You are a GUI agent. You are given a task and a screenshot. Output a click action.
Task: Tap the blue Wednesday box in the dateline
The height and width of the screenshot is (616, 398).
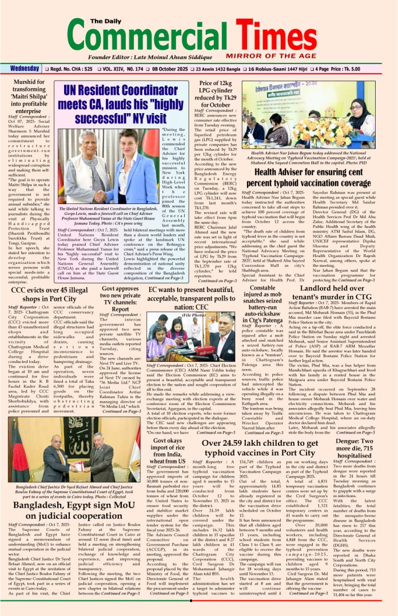(x=25, y=69)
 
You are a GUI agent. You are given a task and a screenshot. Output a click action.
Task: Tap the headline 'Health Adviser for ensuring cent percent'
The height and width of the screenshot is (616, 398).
(x=317, y=177)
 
